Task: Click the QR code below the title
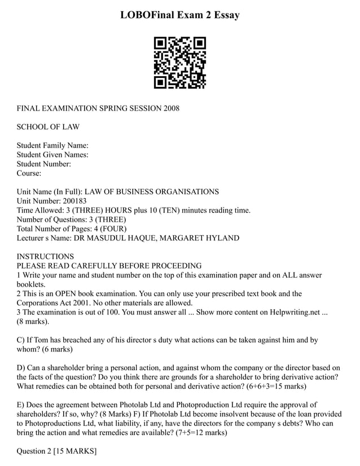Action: point(180,63)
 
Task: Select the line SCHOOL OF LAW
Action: point(48,127)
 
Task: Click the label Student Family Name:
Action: point(52,146)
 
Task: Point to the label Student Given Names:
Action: point(52,155)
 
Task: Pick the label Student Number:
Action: point(44,164)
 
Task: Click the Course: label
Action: point(29,173)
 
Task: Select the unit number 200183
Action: point(76,201)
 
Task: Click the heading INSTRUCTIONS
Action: point(45,256)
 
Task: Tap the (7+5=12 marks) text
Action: point(192,432)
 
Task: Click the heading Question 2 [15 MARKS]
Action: point(56,451)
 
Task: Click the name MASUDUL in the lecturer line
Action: point(109,238)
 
